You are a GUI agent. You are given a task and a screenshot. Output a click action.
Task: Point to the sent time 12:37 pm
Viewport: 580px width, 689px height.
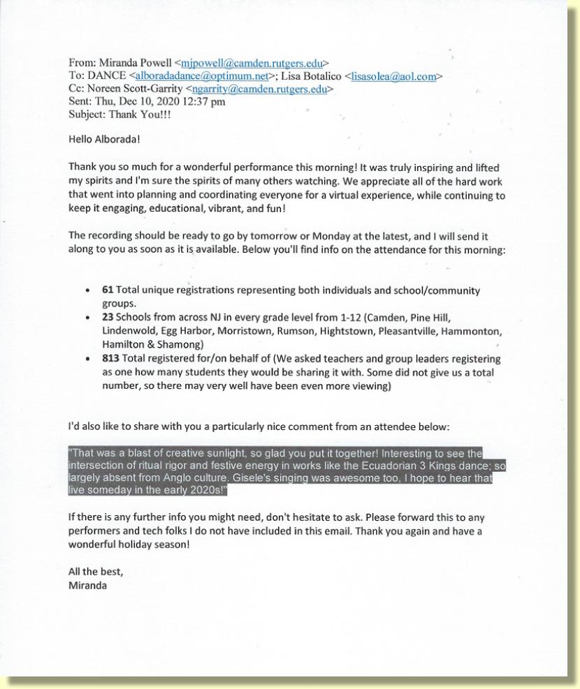click(x=199, y=102)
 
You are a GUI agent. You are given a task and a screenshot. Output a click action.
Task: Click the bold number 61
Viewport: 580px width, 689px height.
click(x=108, y=290)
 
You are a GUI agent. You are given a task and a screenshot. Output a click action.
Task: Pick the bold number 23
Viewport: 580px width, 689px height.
click(x=108, y=316)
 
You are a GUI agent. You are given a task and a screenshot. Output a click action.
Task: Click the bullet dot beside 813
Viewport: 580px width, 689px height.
click(x=86, y=359)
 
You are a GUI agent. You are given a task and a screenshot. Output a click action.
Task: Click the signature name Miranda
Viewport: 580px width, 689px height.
click(x=87, y=585)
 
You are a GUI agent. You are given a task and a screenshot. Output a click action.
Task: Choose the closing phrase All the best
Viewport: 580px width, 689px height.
click(x=95, y=572)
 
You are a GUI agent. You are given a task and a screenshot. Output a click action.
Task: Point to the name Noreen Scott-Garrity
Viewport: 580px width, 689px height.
click(x=135, y=89)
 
